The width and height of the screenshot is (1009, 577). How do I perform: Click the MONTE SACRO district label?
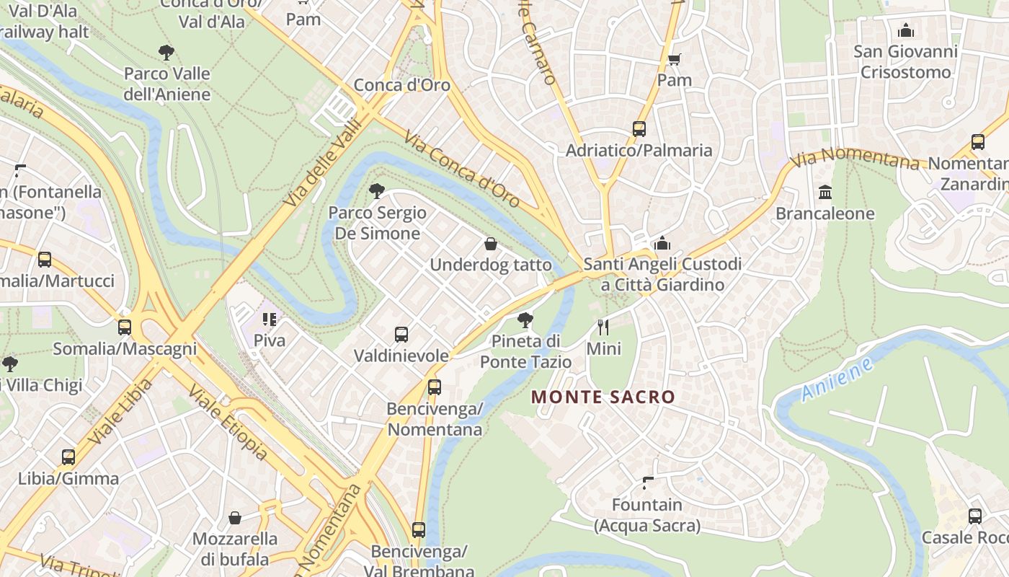(x=603, y=397)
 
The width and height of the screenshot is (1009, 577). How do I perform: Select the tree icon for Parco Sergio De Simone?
(x=376, y=191)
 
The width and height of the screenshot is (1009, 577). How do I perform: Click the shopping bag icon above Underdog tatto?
(x=491, y=244)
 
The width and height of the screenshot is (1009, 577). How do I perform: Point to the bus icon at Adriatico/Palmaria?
(x=639, y=129)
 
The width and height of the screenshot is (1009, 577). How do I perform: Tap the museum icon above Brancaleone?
(x=825, y=193)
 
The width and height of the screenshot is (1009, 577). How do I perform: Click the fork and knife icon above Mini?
(x=603, y=327)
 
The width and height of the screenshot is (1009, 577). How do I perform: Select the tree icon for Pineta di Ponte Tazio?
(x=525, y=320)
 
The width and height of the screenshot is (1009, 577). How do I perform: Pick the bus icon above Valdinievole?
(x=401, y=335)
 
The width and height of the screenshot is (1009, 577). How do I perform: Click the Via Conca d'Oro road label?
(x=461, y=169)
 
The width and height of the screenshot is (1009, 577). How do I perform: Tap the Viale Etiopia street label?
(x=228, y=422)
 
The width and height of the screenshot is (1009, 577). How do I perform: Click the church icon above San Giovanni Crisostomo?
(x=906, y=30)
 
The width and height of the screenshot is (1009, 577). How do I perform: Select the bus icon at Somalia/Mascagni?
(x=125, y=327)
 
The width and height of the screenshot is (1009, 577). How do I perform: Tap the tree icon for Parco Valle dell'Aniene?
(x=166, y=52)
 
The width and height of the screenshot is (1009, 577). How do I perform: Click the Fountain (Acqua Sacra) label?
(x=647, y=515)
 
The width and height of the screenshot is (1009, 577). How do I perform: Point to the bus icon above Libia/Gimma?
(x=68, y=457)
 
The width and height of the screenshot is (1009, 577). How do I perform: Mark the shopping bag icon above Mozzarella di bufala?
(x=235, y=517)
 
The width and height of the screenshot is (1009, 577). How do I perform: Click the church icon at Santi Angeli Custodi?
(x=662, y=243)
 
